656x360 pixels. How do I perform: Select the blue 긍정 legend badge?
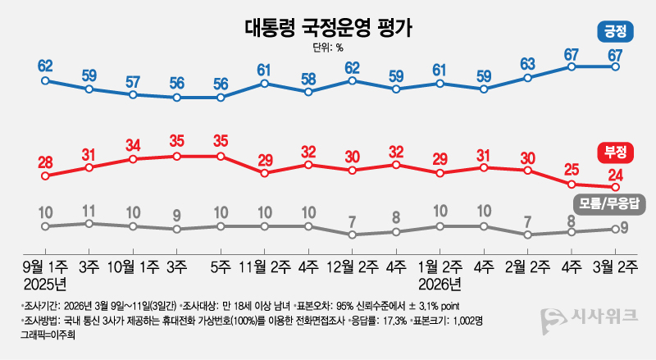point(614,33)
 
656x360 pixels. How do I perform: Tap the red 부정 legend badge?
point(614,151)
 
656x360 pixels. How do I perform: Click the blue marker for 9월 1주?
point(46,80)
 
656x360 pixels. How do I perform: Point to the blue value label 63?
point(528,64)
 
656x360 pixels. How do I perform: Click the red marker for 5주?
point(221,156)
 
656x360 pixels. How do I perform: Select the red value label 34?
point(133,144)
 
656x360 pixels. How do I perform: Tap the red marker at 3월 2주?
point(615,187)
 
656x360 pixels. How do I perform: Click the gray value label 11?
point(89,209)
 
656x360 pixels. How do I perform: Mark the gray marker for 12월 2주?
point(352,235)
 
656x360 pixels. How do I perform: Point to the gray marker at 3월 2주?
point(615,229)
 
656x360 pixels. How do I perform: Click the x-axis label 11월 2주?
point(264,267)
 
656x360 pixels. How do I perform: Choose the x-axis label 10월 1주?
point(133,267)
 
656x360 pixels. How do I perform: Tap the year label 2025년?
point(46,285)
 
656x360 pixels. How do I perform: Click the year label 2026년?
point(440,285)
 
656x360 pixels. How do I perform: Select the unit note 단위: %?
point(328,48)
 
